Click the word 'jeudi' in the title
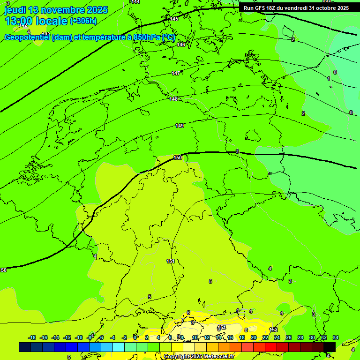coord(15,10)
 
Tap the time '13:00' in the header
coord(19,21)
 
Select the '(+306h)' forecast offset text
coord(83,21)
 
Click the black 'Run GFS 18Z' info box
coord(296,8)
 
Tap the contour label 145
coord(174,19)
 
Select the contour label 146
coord(181,45)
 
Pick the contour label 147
coord(175,73)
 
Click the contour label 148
coord(173,99)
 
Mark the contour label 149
coord(180,126)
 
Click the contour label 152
coord(274,330)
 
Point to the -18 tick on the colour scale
coord(32,337)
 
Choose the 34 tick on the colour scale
coord(336,337)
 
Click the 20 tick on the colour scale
coord(254,337)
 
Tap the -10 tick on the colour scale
coord(79,337)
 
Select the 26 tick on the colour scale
coord(289,337)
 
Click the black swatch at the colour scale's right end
coord(330,347)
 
